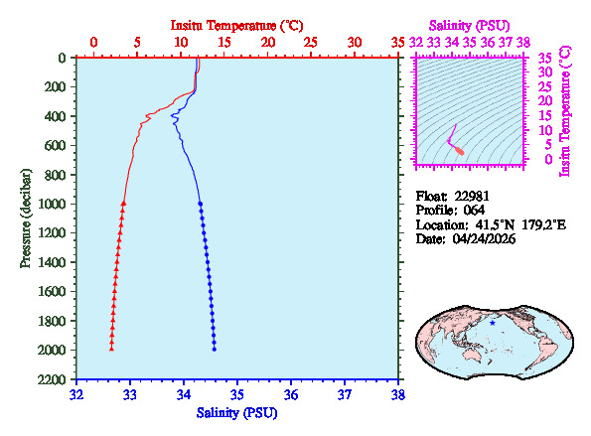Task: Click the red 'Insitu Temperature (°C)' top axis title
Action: click(236, 24)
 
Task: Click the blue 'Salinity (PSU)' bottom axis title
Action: click(236, 411)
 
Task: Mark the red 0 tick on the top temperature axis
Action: click(93, 43)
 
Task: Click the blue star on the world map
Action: click(492, 323)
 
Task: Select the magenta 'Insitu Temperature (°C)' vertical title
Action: click(565, 109)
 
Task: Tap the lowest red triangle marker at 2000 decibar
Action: click(111, 349)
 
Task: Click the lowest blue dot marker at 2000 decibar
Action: click(214, 349)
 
